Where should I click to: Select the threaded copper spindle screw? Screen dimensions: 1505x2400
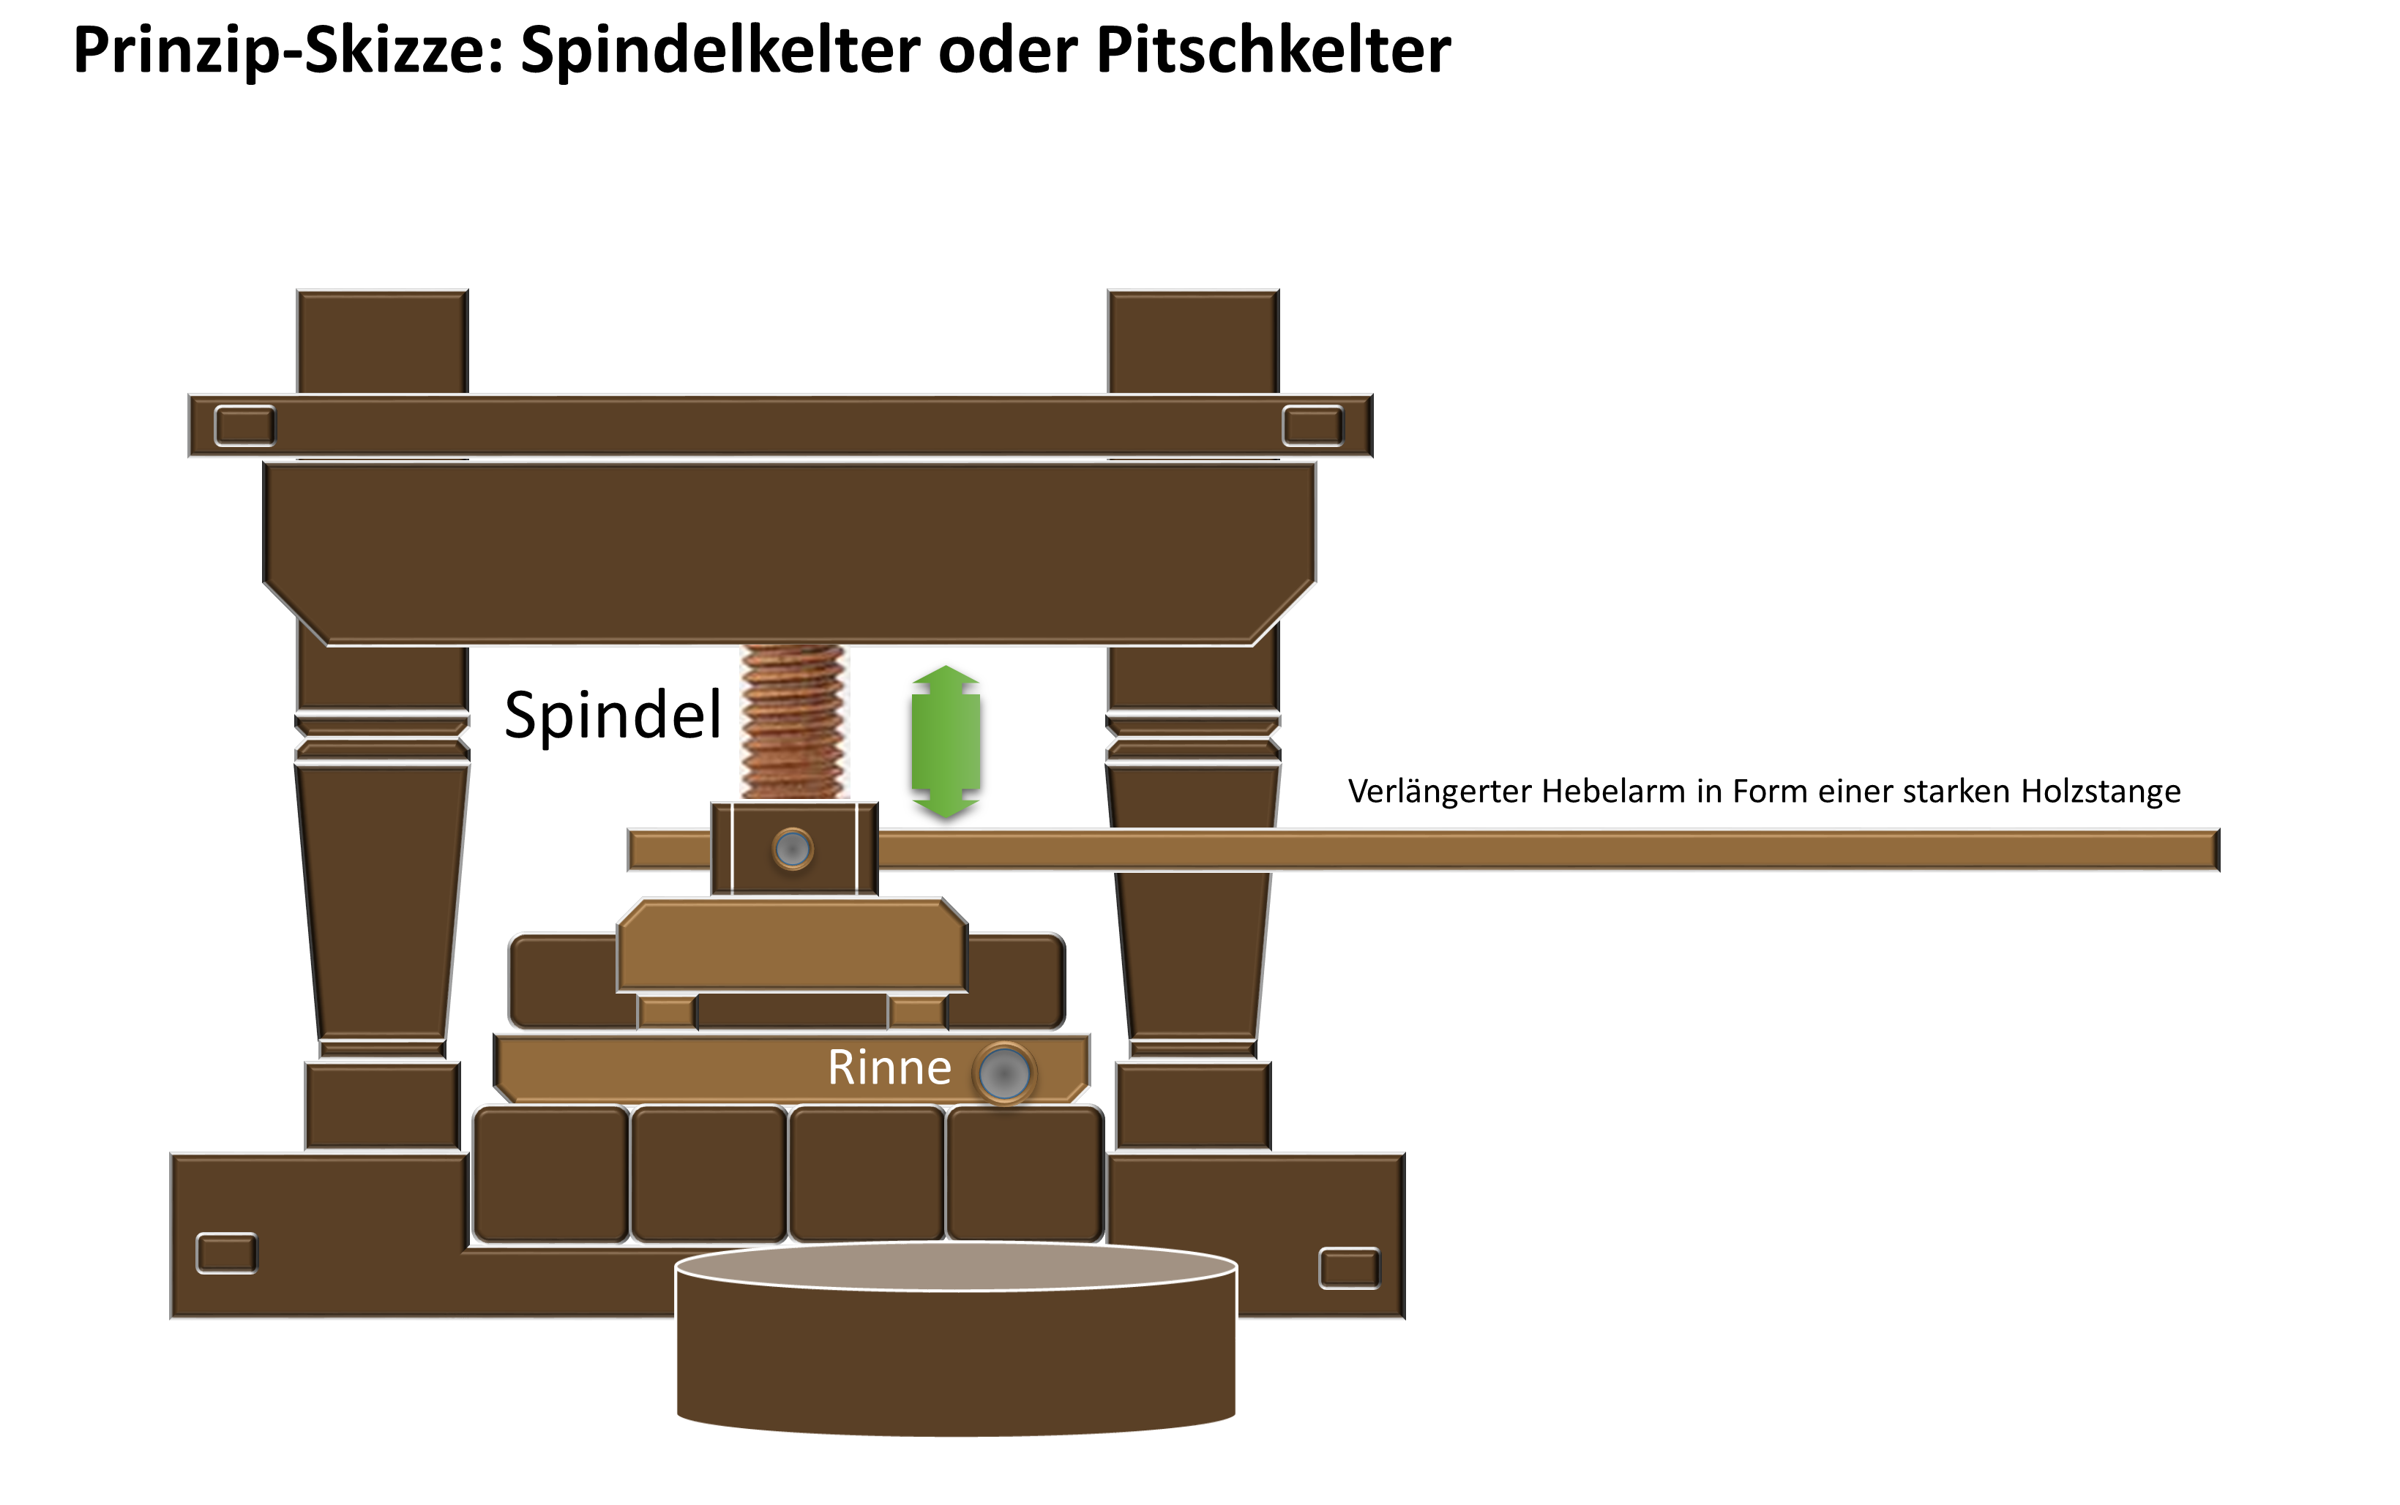pyautogui.click(x=793, y=721)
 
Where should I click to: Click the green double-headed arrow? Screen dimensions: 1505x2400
pyautogui.click(x=946, y=742)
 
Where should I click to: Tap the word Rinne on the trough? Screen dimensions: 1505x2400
pyautogui.click(x=889, y=1068)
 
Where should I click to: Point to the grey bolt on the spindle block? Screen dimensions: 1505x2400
pyautogui.click(x=793, y=849)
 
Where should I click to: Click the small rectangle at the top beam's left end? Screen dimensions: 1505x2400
pyautogui.click(x=245, y=426)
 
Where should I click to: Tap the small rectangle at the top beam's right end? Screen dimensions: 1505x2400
pyautogui.click(x=1312, y=426)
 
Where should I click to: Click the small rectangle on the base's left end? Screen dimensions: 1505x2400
pyautogui.click(x=227, y=1253)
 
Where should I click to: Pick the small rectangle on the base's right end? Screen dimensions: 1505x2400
pyautogui.click(x=1349, y=1268)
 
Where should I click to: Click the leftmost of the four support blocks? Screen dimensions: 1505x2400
pyautogui.click(x=550, y=1174)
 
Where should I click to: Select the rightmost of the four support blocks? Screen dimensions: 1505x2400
pyautogui.click(x=1024, y=1174)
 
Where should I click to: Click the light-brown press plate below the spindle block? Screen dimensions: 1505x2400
pyautogui.click(x=791, y=945)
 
